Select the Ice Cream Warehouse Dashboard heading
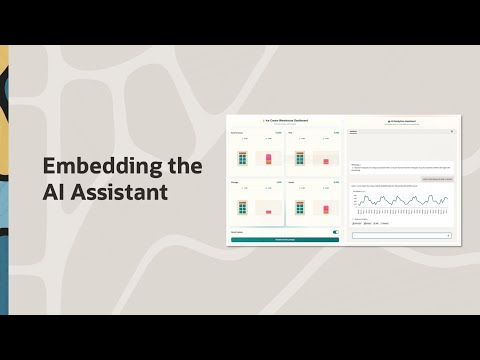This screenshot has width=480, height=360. (285, 120)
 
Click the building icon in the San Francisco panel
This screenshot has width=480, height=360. (243, 158)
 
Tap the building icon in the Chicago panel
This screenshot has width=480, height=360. (243, 207)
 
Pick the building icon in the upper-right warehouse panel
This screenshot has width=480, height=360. (299, 158)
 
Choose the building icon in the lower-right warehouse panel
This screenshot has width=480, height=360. (299, 207)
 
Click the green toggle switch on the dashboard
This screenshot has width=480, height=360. (335, 231)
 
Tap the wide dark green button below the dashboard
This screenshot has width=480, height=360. (285, 239)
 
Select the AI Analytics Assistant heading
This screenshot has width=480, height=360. (401, 120)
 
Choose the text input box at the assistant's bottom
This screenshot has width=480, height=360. (400, 236)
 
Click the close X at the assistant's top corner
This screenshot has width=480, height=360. (452, 131)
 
